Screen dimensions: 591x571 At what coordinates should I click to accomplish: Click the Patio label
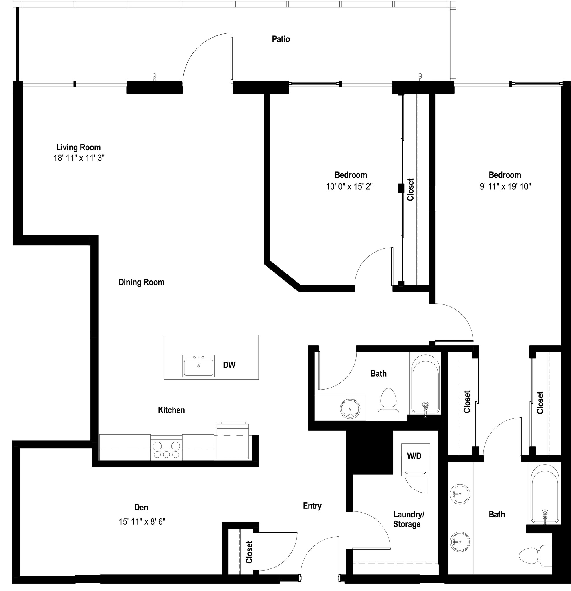coord(281,39)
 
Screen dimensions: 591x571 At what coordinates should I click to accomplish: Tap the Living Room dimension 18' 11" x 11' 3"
coord(79,158)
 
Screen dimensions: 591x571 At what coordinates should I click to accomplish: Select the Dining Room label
coord(141,282)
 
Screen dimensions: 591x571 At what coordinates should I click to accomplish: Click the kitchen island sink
coord(199,366)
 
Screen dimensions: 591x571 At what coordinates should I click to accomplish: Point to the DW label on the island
coord(229,365)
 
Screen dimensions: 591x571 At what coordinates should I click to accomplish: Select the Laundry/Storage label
coord(408,519)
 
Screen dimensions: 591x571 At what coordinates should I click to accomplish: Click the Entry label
coord(312,506)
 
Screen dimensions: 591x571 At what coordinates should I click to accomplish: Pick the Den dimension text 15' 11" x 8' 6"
coord(142,522)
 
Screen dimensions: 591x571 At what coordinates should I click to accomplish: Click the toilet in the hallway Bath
coord(388,405)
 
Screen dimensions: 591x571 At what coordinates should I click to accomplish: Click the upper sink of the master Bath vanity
coord(459,494)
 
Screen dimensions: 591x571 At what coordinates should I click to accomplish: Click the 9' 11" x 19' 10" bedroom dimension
coord(505,187)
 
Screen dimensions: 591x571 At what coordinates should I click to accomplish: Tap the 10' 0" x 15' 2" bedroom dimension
coord(349,187)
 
